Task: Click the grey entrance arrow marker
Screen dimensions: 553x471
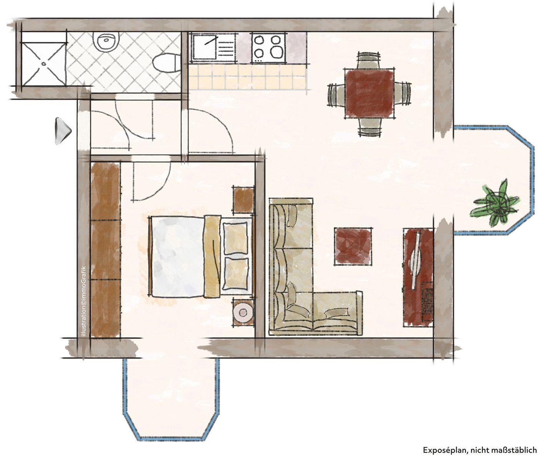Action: coord(63,131)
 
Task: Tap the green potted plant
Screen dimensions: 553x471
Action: coord(495,204)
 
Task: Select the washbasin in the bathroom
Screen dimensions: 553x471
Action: coord(106,42)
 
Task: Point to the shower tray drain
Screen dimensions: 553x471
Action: coord(44,64)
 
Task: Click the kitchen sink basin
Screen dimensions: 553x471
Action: coord(204,47)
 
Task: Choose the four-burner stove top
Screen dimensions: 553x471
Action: coord(268,47)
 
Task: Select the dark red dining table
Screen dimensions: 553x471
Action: coord(369,93)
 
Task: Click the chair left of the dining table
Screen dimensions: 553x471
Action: coord(336,95)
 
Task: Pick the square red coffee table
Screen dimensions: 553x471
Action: coord(353,246)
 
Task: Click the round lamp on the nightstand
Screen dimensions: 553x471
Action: coord(243,312)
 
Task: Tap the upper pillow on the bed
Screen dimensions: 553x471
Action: coord(235,238)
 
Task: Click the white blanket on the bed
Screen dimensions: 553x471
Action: coord(178,257)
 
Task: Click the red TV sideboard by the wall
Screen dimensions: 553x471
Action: coord(418,277)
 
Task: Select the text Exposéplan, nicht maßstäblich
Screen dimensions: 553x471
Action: coord(480,450)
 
